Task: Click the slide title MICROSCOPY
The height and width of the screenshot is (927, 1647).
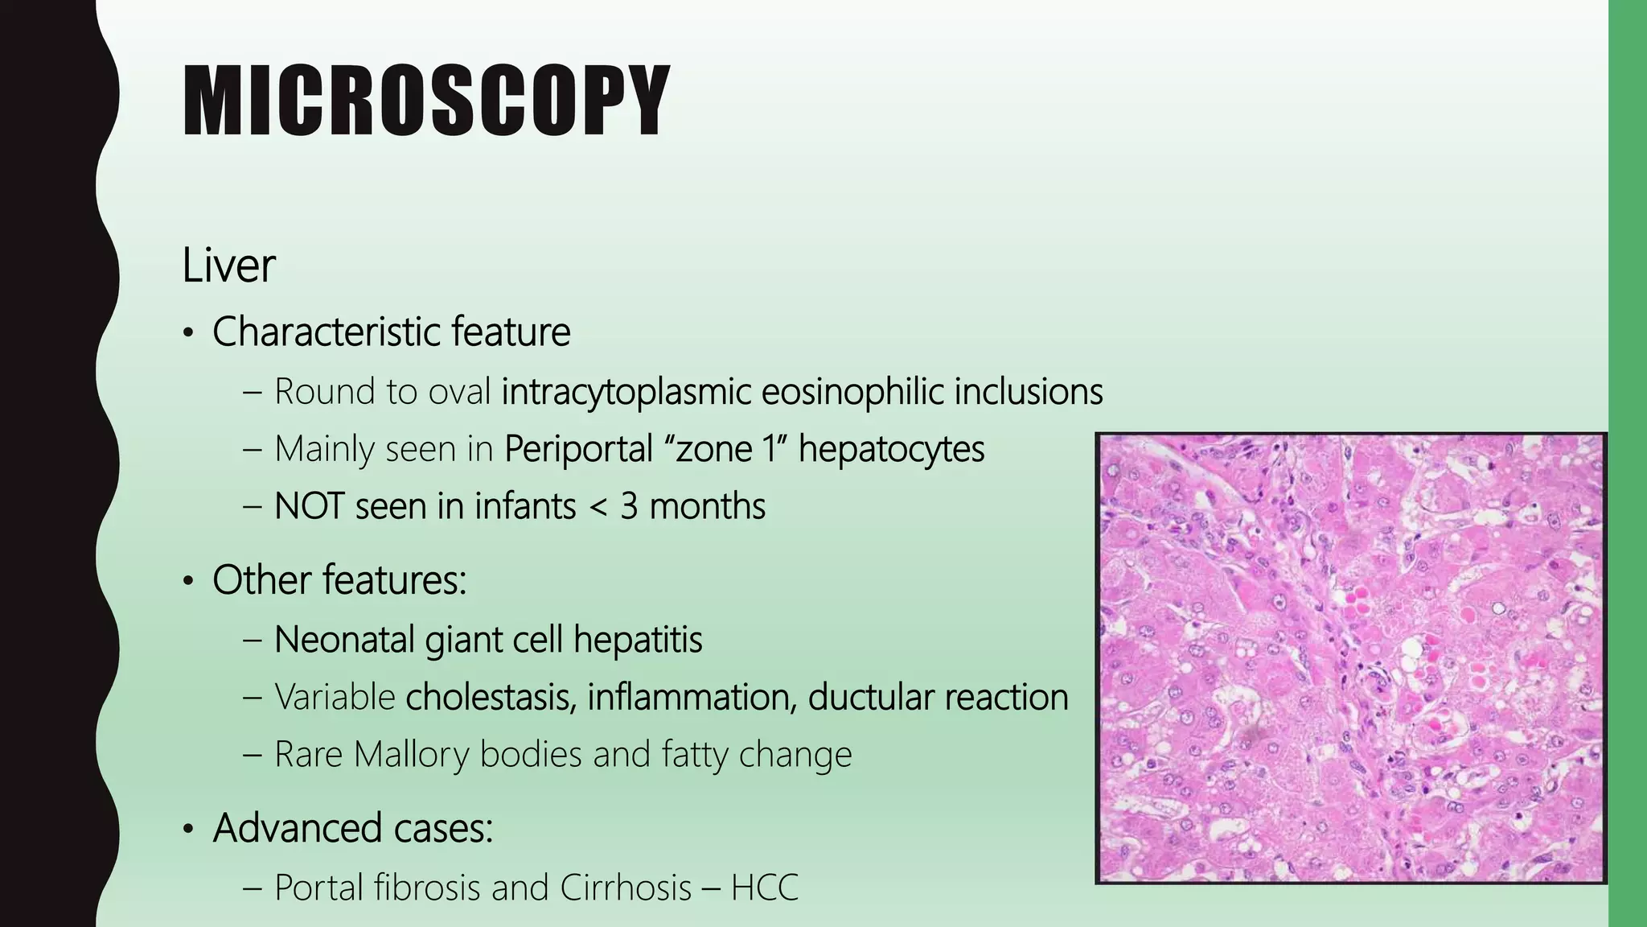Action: (x=426, y=101)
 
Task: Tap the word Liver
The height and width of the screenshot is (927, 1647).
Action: (x=228, y=265)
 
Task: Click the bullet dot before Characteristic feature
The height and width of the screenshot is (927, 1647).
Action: (x=188, y=334)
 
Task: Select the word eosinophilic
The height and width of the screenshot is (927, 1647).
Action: (x=852, y=392)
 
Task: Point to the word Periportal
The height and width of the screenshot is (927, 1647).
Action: (x=578, y=449)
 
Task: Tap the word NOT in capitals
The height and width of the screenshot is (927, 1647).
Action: (x=309, y=507)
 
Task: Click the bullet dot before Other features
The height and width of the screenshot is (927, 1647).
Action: (x=188, y=582)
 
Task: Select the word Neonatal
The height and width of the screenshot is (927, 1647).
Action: (x=344, y=641)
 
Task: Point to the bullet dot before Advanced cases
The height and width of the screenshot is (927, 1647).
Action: (x=188, y=830)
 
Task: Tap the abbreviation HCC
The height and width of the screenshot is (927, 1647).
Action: (x=764, y=888)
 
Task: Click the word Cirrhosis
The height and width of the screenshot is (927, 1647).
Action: (x=626, y=888)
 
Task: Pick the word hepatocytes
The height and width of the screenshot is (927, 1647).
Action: (x=891, y=449)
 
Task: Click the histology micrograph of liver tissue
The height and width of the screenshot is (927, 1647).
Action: (x=1351, y=658)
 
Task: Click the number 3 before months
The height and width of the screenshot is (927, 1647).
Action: (x=629, y=507)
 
